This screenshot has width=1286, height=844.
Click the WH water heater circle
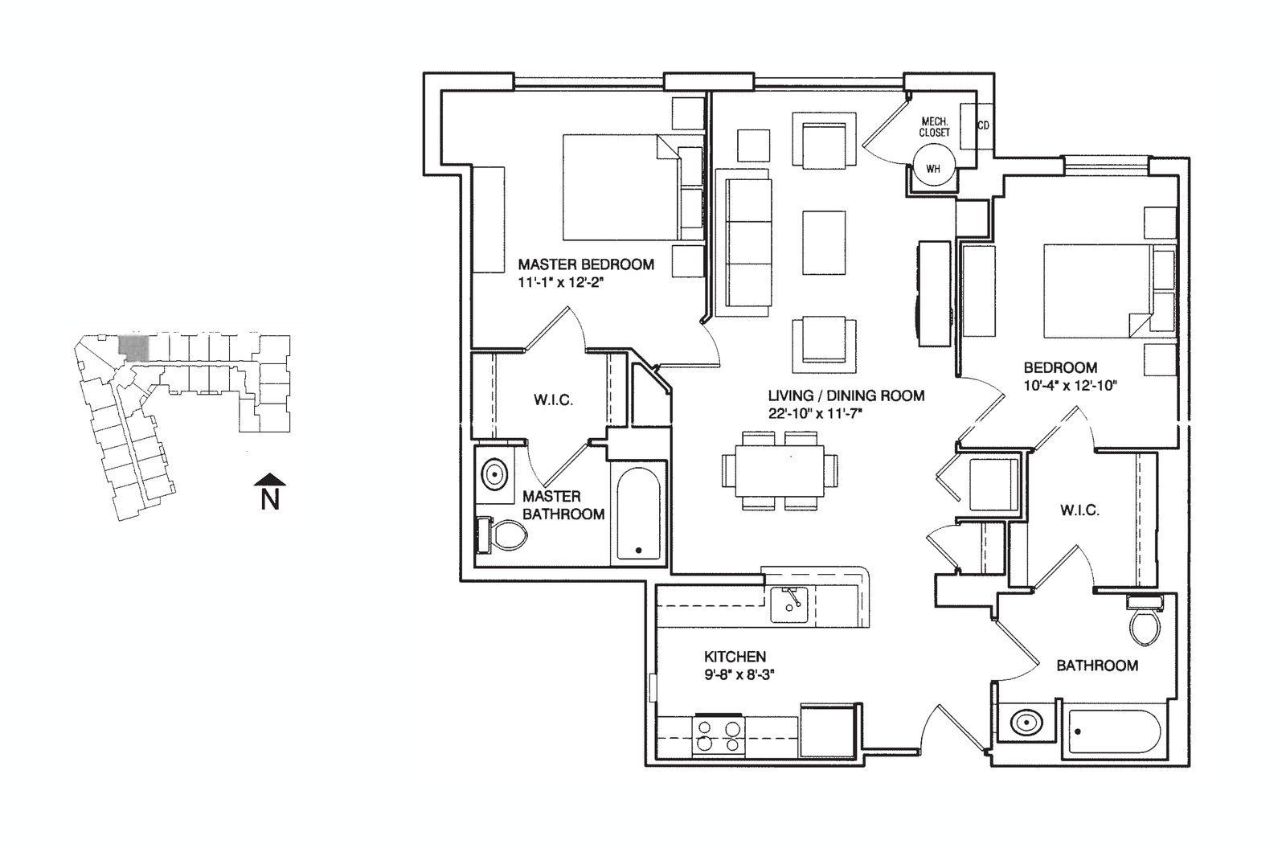point(933,169)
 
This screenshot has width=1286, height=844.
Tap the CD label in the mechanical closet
point(983,126)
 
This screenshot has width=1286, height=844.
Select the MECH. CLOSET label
point(934,127)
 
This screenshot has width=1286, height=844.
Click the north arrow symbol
point(270,480)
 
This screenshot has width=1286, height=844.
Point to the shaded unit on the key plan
point(133,347)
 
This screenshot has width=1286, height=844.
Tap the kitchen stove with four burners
point(718,735)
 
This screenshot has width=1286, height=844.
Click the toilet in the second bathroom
point(1145,622)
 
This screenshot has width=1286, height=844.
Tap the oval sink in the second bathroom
point(1025,723)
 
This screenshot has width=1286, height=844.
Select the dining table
point(780,470)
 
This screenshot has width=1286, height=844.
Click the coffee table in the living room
point(824,242)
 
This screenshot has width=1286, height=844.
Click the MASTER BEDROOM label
point(586,264)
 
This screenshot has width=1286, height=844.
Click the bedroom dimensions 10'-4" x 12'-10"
point(1071,385)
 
